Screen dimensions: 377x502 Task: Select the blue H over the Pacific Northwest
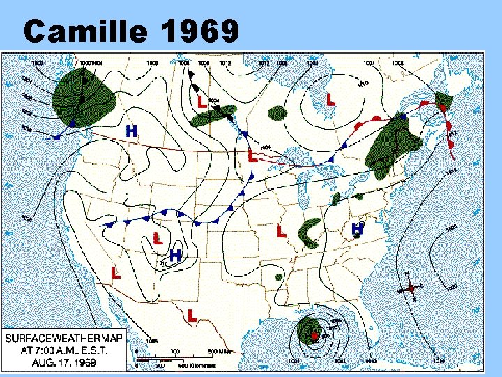(130, 131)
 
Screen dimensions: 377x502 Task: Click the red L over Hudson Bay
(330, 101)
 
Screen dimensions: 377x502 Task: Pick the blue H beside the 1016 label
(176, 256)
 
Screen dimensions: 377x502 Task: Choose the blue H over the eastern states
(357, 228)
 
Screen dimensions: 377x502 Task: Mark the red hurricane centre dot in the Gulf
(314, 336)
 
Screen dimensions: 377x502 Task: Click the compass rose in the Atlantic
(411, 287)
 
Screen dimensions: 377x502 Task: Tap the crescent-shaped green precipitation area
(310, 234)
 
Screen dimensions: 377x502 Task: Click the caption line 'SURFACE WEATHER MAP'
(64, 338)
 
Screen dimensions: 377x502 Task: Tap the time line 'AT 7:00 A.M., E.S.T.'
(65, 350)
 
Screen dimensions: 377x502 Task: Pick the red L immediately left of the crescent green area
(281, 230)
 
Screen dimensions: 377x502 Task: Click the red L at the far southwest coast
(116, 272)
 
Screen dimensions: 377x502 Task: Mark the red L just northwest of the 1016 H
(158, 238)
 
